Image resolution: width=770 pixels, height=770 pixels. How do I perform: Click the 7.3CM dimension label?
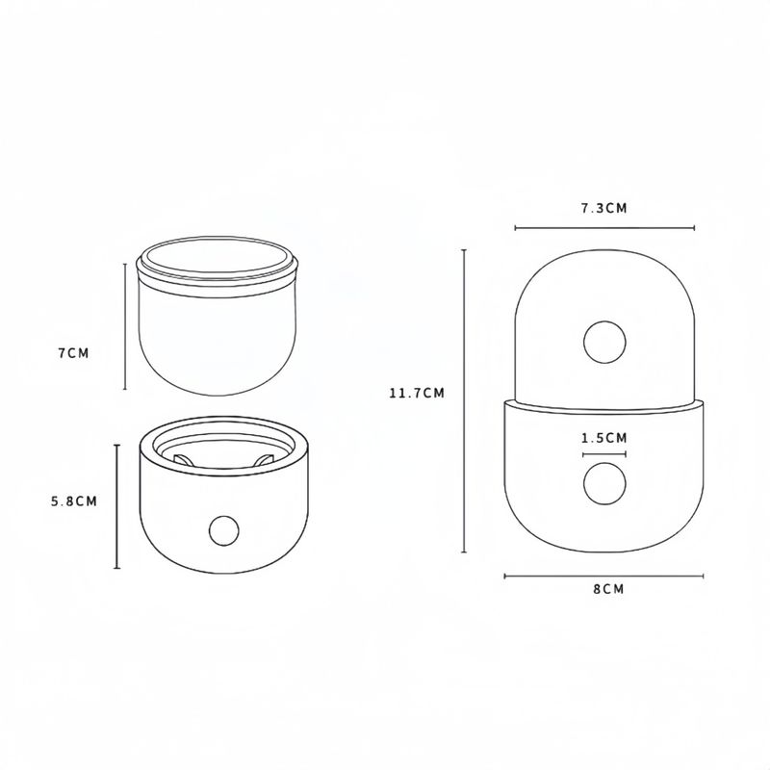point(604,208)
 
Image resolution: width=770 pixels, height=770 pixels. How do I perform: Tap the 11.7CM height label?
point(417,394)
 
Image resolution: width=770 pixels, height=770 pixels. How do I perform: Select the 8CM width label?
point(608,589)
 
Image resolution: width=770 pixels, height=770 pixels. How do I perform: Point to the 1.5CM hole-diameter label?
point(604,438)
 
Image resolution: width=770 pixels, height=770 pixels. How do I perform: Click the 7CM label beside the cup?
point(74,353)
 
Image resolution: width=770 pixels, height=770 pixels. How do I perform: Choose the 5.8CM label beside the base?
point(74,501)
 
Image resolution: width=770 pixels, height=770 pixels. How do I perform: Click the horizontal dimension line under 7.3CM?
point(604,227)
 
